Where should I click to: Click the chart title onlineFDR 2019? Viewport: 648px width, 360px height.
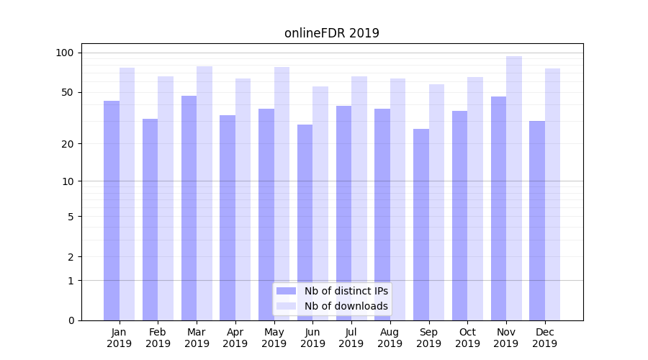(331, 33)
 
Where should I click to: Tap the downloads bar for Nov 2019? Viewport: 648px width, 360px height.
(514, 188)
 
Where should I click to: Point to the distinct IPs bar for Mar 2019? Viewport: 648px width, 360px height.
(189, 208)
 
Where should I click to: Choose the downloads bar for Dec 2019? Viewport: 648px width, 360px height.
(553, 194)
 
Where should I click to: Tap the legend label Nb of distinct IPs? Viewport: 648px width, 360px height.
(346, 291)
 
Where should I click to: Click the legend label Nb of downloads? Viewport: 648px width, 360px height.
(346, 306)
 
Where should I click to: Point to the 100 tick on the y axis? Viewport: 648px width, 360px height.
(65, 53)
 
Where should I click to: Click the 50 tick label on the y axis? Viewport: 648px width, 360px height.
(68, 92)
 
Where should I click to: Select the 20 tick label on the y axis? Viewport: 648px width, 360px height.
(68, 144)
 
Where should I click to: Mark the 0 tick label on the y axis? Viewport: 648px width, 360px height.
(71, 320)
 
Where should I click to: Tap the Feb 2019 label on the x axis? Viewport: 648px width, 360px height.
(158, 338)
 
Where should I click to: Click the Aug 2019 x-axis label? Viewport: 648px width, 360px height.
(390, 338)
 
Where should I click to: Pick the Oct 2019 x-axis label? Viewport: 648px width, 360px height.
(467, 338)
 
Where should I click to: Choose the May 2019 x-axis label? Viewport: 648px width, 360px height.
(274, 338)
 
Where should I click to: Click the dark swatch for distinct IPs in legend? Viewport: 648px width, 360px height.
(286, 291)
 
